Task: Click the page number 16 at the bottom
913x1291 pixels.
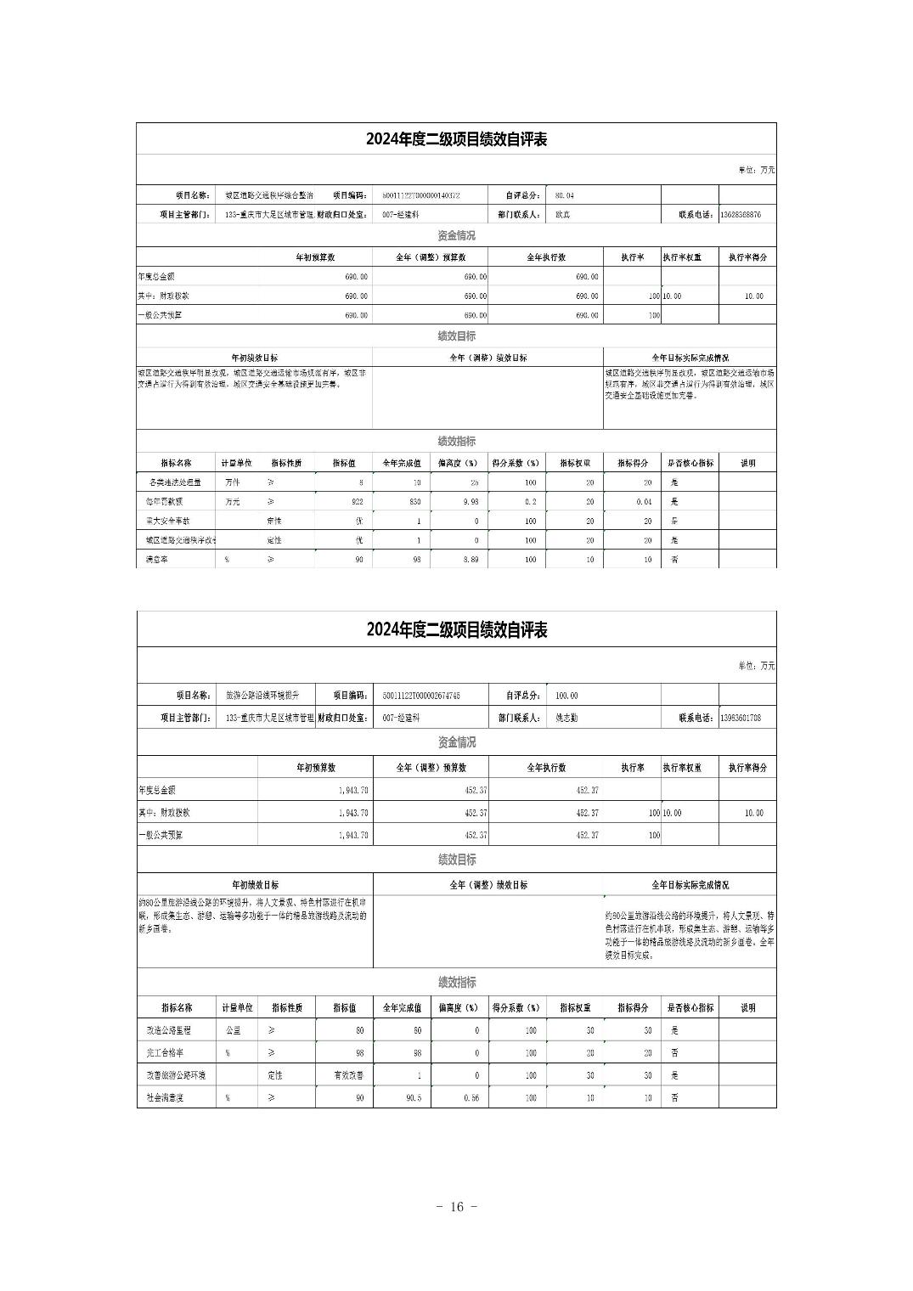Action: pos(456,1207)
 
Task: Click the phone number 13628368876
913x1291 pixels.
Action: pos(741,215)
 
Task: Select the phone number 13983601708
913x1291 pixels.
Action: pos(741,718)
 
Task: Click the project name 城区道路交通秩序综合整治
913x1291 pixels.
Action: pos(257,195)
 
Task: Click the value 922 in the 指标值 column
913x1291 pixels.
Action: pos(357,502)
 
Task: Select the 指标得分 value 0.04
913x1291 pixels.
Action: pos(644,502)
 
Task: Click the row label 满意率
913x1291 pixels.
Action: pos(156,560)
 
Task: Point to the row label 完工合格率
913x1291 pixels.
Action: pos(163,1053)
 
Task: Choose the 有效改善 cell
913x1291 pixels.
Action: pos(348,1075)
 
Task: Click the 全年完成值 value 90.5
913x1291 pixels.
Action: pos(412,1098)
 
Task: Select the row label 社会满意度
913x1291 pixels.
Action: pos(165,1098)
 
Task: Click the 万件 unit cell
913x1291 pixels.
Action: pos(233,482)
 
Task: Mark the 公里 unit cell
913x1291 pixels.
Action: pos(233,1030)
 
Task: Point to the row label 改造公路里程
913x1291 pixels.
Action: pos(168,1030)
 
